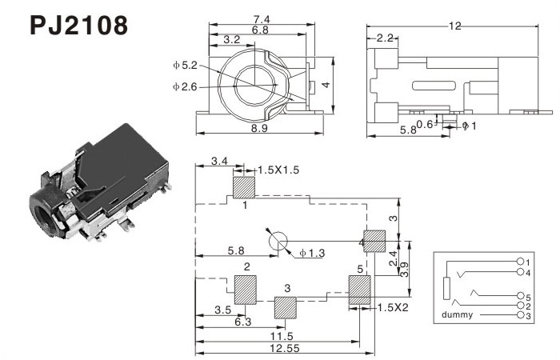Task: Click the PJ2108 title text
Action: (78, 26)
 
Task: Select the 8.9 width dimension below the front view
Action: (260, 128)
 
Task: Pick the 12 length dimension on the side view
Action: (455, 26)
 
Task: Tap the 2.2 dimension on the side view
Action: (383, 38)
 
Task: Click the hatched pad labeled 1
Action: (243, 187)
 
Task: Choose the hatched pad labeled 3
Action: (286, 307)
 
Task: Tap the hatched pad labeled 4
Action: (374, 242)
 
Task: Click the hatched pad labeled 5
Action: (360, 289)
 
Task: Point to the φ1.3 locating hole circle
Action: (278, 242)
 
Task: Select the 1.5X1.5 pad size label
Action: (278, 170)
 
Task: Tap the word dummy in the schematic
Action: (458, 315)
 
